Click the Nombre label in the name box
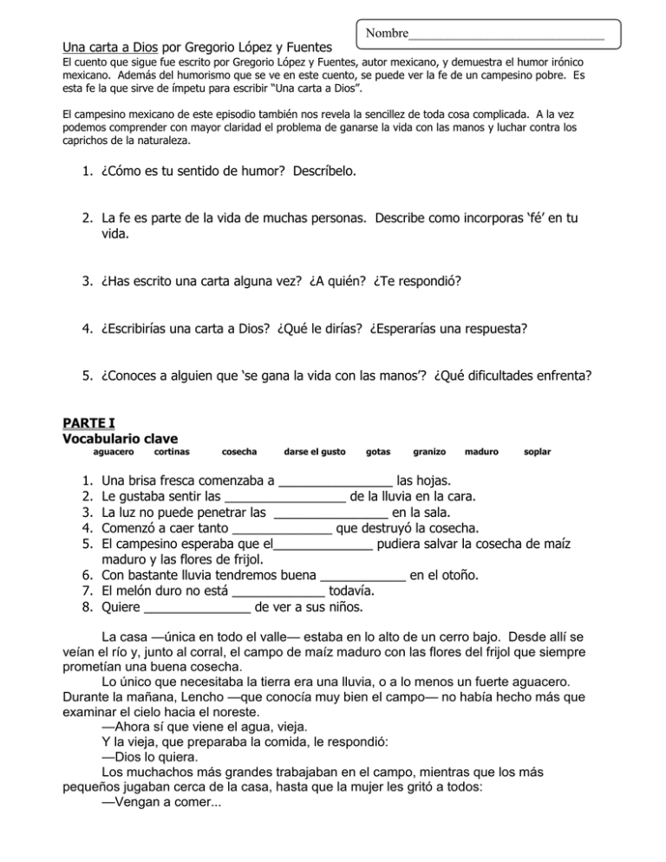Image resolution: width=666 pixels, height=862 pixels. [386, 34]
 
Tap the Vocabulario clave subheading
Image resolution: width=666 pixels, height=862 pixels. [119, 439]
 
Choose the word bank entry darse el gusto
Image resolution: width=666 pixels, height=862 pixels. [315, 453]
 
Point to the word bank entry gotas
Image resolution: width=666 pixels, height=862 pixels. [378, 453]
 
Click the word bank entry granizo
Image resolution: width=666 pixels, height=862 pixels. [429, 453]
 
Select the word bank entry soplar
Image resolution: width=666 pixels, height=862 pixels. [538, 453]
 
